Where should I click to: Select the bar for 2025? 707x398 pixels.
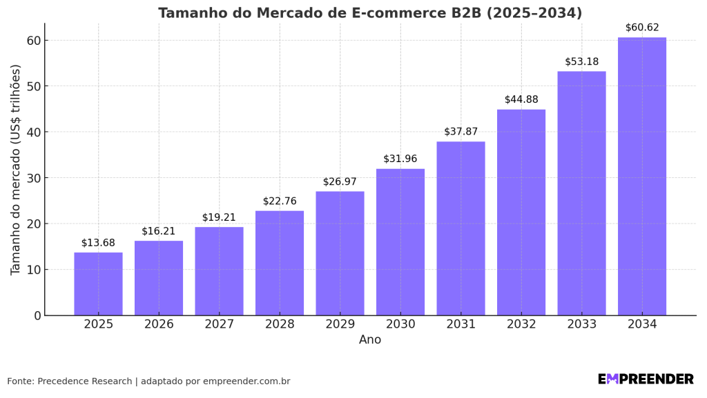[x=98, y=283]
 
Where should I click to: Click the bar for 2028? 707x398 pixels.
[x=280, y=263]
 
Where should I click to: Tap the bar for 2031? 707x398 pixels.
[x=461, y=228]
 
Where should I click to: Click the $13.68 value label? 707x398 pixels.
[x=98, y=243]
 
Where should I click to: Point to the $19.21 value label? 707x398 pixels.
[x=219, y=217]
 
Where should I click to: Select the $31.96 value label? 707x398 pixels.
[x=400, y=159]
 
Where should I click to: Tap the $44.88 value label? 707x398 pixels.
[x=521, y=99]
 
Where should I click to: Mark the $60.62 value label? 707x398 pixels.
[x=642, y=28]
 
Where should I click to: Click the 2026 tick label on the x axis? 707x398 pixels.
[x=159, y=324]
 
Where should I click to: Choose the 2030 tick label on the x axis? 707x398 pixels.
[x=400, y=324]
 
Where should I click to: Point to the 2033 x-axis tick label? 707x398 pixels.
[x=581, y=324]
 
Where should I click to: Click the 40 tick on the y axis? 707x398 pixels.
[x=33, y=132]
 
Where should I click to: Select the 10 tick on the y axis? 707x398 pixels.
[x=33, y=270]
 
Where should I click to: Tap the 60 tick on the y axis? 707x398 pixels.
[x=33, y=41]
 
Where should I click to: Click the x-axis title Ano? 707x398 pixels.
[x=370, y=340]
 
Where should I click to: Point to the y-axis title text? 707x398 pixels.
[x=16, y=170]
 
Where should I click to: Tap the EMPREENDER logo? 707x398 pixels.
[x=646, y=379]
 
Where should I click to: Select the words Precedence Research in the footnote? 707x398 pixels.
[x=84, y=381]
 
